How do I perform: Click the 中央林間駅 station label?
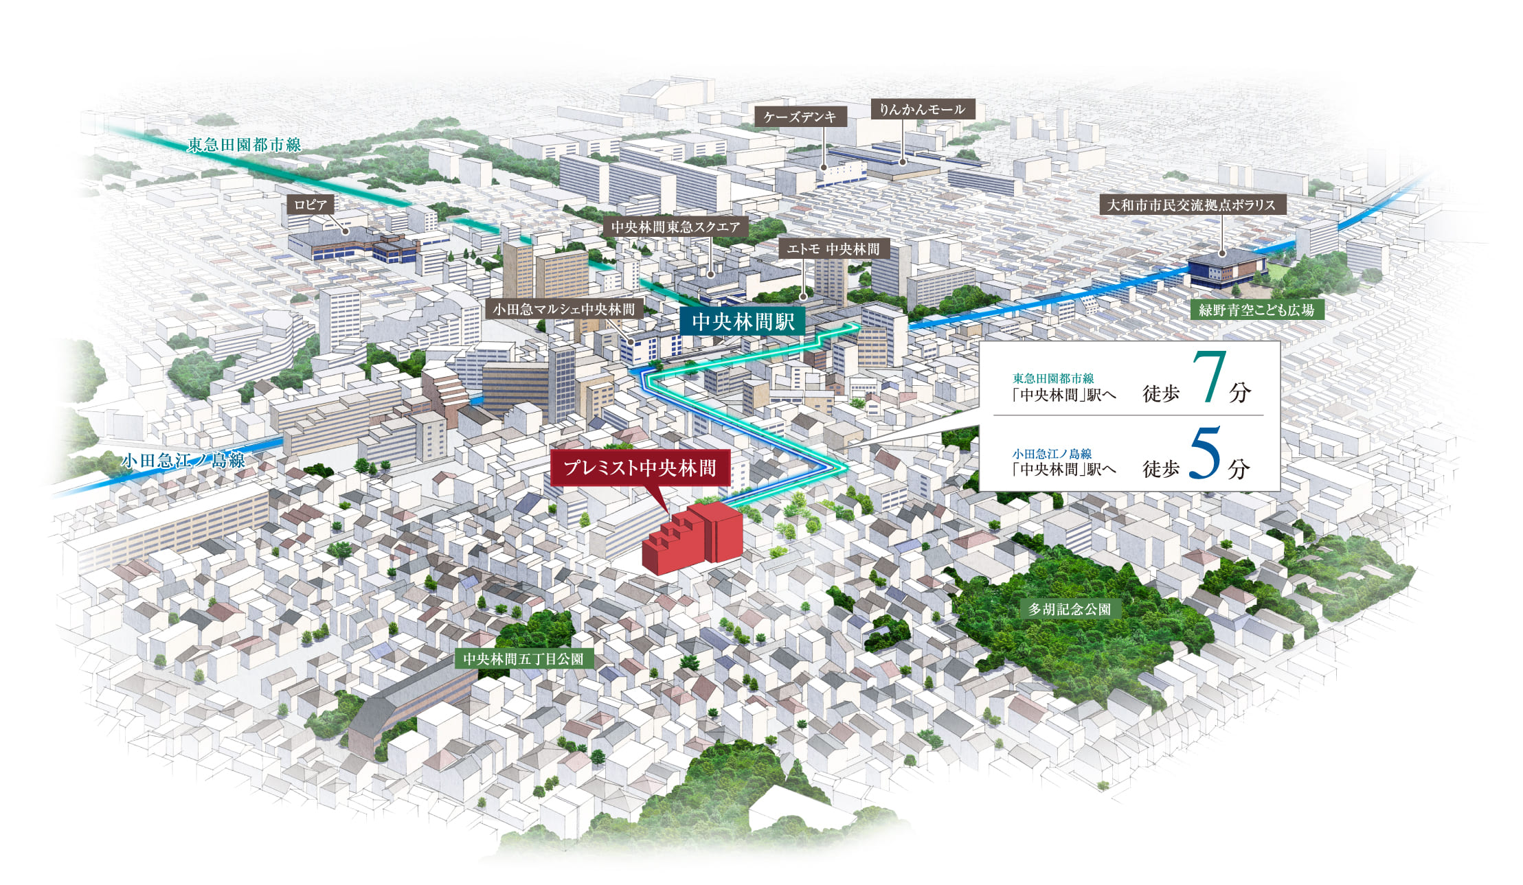click(x=743, y=321)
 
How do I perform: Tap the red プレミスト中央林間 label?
click(x=640, y=468)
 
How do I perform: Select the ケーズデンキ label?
click(x=800, y=117)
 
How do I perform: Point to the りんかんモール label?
click(x=922, y=109)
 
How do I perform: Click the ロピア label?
click(x=311, y=205)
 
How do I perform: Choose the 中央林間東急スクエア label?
click(x=675, y=227)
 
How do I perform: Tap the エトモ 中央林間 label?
click(x=833, y=249)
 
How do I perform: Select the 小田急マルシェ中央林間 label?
click(x=563, y=310)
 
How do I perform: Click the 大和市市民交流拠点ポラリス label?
click(x=1191, y=205)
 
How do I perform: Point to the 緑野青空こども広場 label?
click(x=1256, y=310)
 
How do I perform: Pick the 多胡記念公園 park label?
click(x=1069, y=609)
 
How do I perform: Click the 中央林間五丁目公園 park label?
click(x=523, y=659)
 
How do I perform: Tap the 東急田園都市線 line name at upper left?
click(x=244, y=145)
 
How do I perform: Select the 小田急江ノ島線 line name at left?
click(x=183, y=461)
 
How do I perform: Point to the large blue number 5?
click(x=1204, y=453)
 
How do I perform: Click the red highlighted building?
click(x=694, y=539)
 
